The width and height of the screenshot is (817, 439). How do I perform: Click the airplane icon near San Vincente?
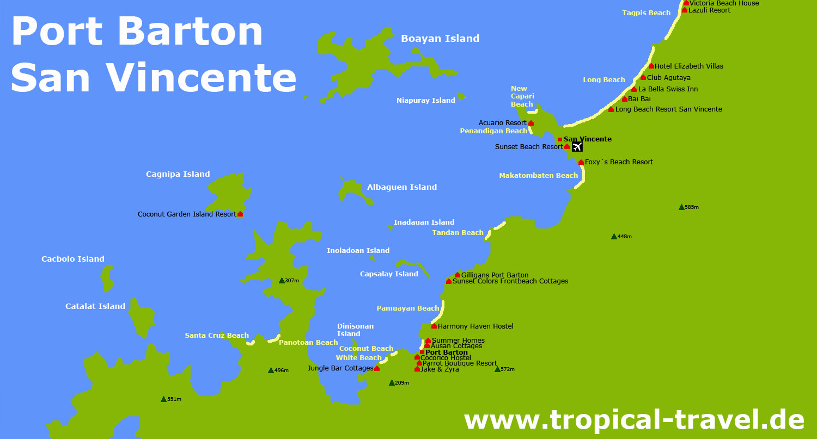pos(577,147)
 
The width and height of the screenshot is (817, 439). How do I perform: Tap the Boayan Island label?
pos(440,39)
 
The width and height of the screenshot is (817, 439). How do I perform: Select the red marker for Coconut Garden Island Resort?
pos(240,214)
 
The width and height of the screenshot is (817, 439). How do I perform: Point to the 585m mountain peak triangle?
pos(681,207)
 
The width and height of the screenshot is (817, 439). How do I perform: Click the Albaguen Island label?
pos(402,187)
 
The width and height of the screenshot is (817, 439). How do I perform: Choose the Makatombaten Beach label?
pos(538,176)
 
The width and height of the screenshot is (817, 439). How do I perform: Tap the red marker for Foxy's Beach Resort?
pos(581,162)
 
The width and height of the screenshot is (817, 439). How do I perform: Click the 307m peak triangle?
pos(282,281)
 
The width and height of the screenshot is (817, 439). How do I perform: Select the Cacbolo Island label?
pos(73,259)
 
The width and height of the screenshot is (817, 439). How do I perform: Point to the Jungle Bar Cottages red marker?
pos(377,368)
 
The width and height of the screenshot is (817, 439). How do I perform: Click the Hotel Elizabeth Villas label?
pos(688,66)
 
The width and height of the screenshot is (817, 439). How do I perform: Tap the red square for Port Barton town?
pos(422,353)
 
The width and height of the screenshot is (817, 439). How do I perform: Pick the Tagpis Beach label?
pos(647,13)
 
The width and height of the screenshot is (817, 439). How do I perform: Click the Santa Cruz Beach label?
pos(217,336)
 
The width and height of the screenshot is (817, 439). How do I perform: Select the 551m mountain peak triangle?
pos(163,399)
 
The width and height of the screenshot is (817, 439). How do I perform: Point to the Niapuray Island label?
pos(426,101)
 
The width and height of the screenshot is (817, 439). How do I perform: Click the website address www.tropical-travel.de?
pos(634,420)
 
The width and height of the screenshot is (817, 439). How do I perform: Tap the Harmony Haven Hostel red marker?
pos(434,326)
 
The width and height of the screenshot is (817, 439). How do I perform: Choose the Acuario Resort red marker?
pos(531,123)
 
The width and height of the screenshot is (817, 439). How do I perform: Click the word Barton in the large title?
pos(191,32)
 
